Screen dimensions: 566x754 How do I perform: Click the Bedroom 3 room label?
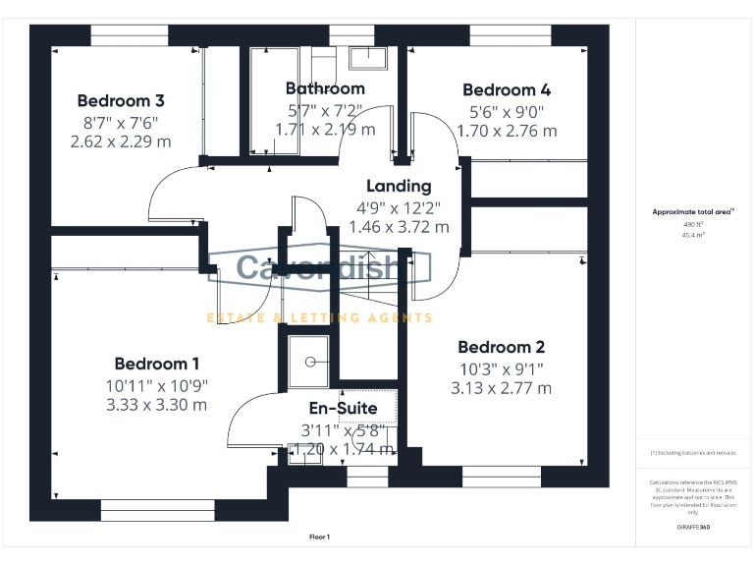tap(121, 100)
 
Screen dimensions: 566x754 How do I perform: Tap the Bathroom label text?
tap(325, 88)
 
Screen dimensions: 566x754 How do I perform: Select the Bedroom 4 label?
tap(507, 89)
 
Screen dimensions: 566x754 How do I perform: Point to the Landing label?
tap(399, 186)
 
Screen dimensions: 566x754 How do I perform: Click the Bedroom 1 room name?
tap(157, 364)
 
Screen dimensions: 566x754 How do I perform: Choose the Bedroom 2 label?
tap(501, 347)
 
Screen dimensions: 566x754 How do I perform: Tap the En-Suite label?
tap(344, 408)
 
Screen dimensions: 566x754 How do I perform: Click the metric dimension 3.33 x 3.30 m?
tap(157, 404)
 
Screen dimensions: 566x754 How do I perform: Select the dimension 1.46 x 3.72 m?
tap(399, 226)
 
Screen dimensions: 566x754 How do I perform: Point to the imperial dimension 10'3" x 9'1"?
tap(501, 368)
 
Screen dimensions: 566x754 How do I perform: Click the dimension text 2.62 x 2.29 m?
tap(121, 141)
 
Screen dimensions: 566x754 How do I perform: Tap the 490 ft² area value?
tap(693, 224)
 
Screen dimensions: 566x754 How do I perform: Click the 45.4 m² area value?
tap(693, 235)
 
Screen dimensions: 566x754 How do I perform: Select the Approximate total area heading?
tap(693, 211)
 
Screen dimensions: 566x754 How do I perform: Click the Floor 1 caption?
tap(320, 537)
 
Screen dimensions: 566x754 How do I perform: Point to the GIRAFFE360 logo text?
tap(693, 528)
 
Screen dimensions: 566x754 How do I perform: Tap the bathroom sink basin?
tap(369, 59)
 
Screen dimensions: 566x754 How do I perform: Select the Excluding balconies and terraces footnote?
tap(693, 452)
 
